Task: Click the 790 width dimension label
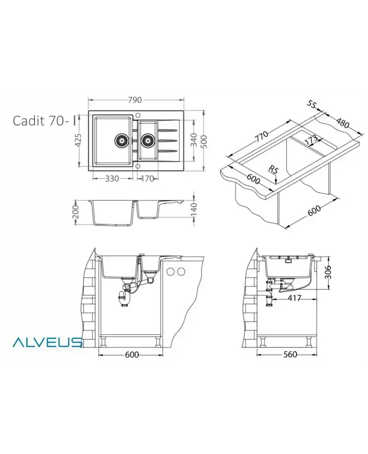pyautogui.click(x=135, y=100)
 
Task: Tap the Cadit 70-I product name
pyautogui.click(x=44, y=121)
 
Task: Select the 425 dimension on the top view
pyautogui.click(x=78, y=140)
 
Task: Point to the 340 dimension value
pyautogui.click(x=194, y=140)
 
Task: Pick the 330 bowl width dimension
pyautogui.click(x=112, y=179)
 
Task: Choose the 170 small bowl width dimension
pyautogui.click(x=147, y=179)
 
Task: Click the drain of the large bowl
pyautogui.click(x=121, y=141)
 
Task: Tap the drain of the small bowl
pyautogui.click(x=148, y=141)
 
